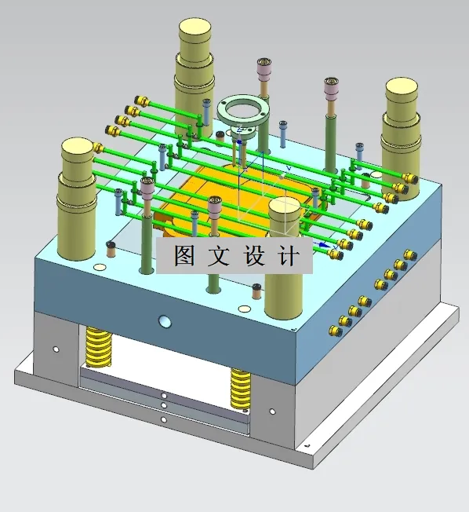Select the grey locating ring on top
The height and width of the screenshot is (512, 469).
[x=244, y=110]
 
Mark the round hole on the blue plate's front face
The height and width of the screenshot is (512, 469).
[x=164, y=321]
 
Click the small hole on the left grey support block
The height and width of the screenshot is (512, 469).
[x=56, y=349]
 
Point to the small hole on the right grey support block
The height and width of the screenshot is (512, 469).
[x=271, y=411]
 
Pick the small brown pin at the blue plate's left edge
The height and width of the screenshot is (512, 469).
[x=111, y=249]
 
